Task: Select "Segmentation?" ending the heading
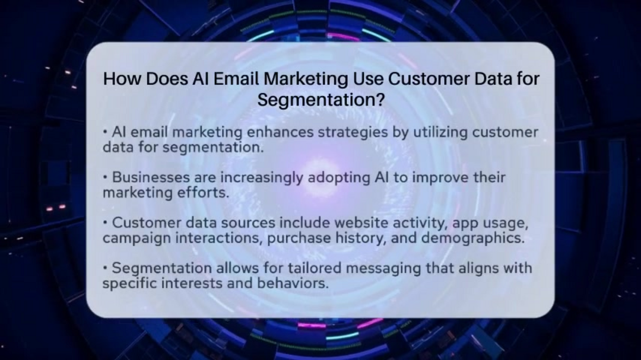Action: tap(320, 100)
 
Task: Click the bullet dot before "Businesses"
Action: tap(105, 177)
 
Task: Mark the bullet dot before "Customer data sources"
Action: tap(105, 223)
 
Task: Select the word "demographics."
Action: tap(473, 238)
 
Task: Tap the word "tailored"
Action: tap(313, 268)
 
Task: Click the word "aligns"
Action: tap(478, 269)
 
